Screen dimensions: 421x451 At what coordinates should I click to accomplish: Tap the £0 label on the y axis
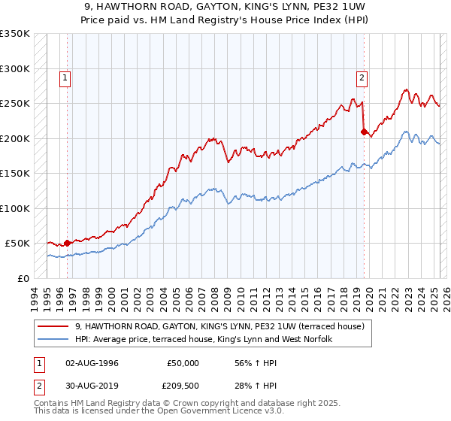(24, 278)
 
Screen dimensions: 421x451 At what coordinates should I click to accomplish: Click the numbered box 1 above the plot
(66, 77)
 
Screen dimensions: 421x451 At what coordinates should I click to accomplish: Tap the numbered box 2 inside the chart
(362, 77)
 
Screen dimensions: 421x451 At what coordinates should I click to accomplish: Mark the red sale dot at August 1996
(67, 243)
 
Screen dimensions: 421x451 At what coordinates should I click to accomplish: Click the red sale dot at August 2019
(364, 132)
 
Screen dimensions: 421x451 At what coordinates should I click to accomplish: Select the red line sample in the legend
(53, 326)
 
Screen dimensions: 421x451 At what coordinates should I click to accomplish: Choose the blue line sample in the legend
(53, 339)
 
